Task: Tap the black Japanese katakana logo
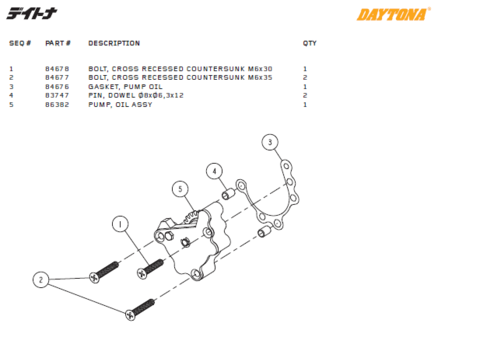pos(32,13)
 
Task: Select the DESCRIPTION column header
pos(114,43)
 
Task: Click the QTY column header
pos(309,43)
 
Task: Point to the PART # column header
pos(58,43)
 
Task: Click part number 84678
pos(57,69)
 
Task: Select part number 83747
pos(57,95)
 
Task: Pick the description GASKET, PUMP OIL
pos(125,87)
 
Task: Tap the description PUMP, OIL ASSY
pos(120,105)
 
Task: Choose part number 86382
pos(57,105)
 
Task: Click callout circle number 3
pos(270,142)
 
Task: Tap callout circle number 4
pos(214,171)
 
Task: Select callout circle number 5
pos(180,189)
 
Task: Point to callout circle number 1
pos(120,224)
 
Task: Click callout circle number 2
pos(41,280)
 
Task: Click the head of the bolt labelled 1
pos(142,274)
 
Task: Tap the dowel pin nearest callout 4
pos(228,194)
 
